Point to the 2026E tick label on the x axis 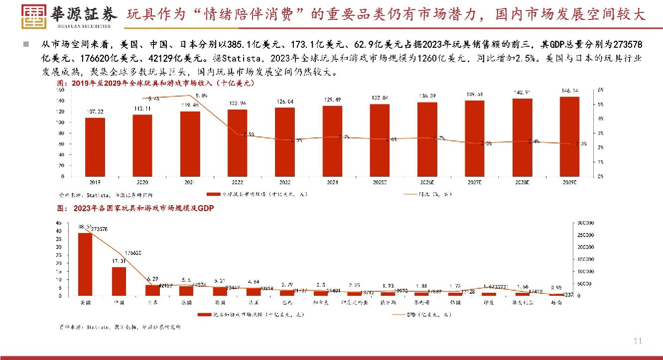coord(427,183)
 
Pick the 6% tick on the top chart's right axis coord(600,90)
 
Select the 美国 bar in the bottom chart coord(85,264)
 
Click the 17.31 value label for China coord(118,261)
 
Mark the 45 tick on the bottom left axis coord(58,223)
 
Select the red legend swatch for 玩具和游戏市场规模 coord(205,315)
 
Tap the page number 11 coord(638,341)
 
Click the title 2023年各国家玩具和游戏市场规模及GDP coord(143,209)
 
